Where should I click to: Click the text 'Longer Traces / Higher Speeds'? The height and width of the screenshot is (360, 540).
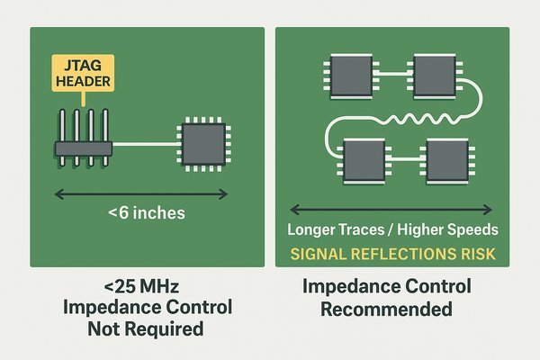click(391, 229)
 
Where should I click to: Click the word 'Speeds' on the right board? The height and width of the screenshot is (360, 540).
click(471, 229)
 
